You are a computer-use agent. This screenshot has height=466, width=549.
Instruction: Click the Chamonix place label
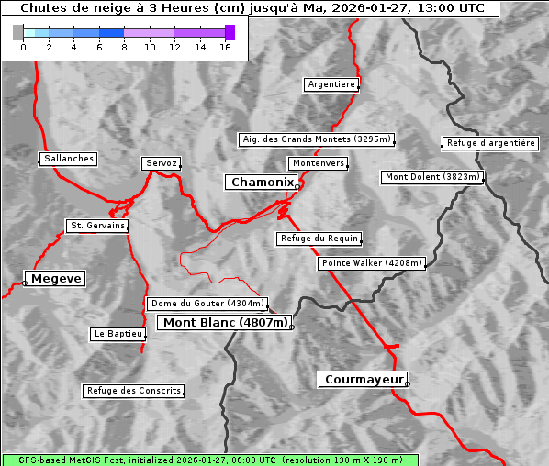pyautogui.click(x=262, y=183)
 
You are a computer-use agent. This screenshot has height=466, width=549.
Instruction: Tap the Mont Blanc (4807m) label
pyautogui.click(x=226, y=322)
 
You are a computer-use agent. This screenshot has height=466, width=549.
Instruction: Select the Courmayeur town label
pyautogui.click(x=363, y=379)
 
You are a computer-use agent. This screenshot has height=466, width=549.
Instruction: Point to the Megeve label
pyautogui.click(x=56, y=278)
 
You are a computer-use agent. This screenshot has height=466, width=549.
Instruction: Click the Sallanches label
pyautogui.click(x=69, y=159)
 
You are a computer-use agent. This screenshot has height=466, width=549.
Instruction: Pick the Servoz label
pyautogui.click(x=162, y=163)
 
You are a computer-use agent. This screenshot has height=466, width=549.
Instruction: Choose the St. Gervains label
pyautogui.click(x=97, y=226)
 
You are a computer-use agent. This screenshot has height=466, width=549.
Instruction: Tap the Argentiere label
pyautogui.click(x=331, y=84)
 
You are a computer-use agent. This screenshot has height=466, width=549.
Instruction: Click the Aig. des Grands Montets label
pyautogui.click(x=316, y=139)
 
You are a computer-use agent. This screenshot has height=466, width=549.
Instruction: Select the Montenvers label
pyautogui.click(x=319, y=163)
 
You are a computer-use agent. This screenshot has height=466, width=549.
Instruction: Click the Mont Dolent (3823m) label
pyautogui.click(x=432, y=177)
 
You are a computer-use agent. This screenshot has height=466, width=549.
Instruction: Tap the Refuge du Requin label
pyautogui.click(x=319, y=239)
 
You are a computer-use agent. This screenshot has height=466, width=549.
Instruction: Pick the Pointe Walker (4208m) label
pyautogui.click(x=372, y=263)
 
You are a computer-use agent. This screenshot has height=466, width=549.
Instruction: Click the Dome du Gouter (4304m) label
pyautogui.click(x=207, y=304)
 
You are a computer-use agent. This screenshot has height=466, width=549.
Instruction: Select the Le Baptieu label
pyautogui.click(x=118, y=334)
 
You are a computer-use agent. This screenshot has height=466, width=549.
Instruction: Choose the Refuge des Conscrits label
pyautogui.click(x=134, y=391)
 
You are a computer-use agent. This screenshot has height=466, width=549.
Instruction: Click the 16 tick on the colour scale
pyautogui.click(x=224, y=47)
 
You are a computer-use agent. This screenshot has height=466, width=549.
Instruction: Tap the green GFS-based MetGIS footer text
pyautogui.click(x=209, y=460)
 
